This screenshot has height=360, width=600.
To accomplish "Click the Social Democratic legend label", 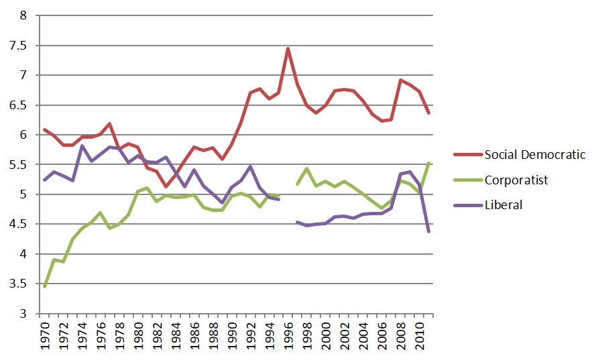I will click(535, 155).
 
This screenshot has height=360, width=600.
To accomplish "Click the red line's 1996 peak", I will click(288, 48).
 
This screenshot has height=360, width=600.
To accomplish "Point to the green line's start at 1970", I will click(44, 286).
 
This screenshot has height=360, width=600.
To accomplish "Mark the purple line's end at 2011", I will click(428, 231).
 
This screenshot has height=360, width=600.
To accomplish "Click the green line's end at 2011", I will click(428, 163).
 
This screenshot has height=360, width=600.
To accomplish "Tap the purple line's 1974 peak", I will click(82, 145).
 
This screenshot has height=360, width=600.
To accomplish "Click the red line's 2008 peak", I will click(400, 80).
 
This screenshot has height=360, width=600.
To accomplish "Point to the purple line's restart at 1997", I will click(297, 222).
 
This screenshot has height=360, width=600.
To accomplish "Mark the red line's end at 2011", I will click(428, 113).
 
